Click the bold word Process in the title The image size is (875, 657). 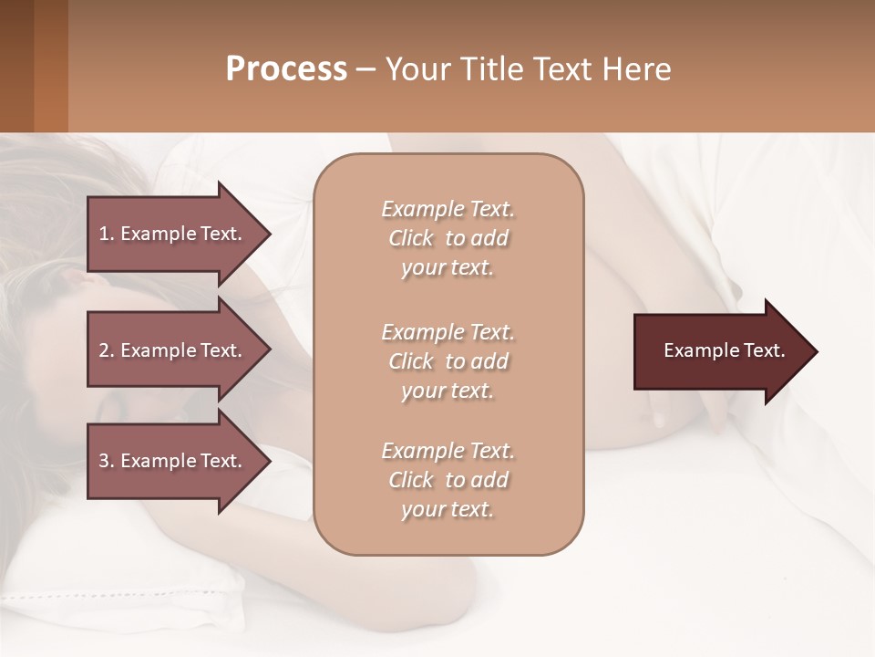(x=286, y=69)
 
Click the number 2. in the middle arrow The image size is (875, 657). (x=107, y=350)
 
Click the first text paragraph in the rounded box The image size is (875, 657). (x=448, y=238)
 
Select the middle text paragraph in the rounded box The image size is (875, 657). (x=448, y=361)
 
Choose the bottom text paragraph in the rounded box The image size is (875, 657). (x=448, y=480)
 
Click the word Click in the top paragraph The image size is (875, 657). (x=411, y=238)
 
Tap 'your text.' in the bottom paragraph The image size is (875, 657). (x=448, y=509)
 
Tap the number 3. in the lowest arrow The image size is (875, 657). (x=107, y=461)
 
